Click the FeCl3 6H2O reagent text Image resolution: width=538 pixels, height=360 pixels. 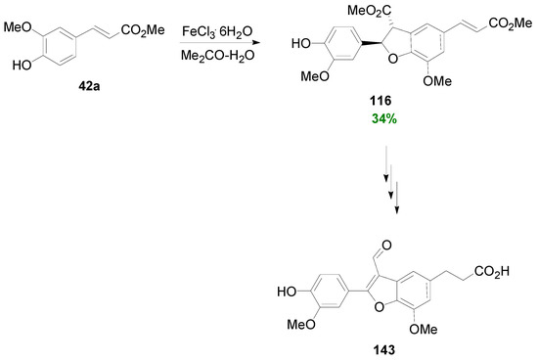click(217, 32)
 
